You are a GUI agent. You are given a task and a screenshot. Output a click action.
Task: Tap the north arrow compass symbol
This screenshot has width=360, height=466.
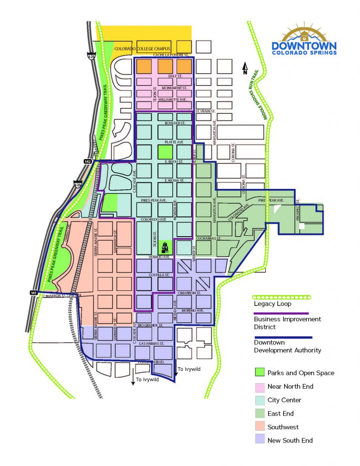(x=245, y=68)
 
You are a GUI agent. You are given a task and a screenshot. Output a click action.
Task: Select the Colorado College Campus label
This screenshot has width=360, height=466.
(x=142, y=49)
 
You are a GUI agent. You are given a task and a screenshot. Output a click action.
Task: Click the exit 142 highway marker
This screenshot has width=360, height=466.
(x=88, y=162)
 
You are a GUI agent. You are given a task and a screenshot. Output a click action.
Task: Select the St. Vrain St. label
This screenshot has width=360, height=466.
(x=205, y=111)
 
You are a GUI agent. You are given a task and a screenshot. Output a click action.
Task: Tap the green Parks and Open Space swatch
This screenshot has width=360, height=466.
(x=259, y=373)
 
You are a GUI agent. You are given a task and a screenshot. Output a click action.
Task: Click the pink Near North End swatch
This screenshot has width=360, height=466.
(x=259, y=386)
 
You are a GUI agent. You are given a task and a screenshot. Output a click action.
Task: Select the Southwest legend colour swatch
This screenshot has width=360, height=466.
(x=259, y=427)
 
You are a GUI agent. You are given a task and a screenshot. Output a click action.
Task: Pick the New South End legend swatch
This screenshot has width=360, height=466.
(x=259, y=440)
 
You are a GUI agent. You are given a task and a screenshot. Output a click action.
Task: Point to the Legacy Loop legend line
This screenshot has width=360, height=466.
(x=282, y=297)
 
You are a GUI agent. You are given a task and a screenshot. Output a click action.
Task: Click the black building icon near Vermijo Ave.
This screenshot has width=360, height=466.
(x=164, y=248)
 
